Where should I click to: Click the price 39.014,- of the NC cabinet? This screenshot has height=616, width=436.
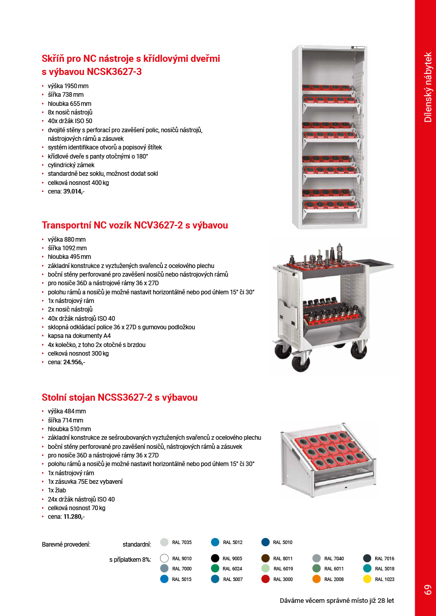[74, 191]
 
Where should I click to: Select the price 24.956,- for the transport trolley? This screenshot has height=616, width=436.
[74, 362]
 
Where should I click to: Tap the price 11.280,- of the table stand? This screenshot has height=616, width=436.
[74, 517]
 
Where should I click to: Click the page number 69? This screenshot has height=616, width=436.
[427, 590]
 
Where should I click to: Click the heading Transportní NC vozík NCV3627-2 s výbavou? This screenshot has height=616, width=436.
[135, 225]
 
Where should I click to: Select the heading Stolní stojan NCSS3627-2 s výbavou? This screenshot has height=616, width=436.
[120, 397]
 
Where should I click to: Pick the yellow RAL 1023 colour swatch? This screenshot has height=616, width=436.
[368, 579]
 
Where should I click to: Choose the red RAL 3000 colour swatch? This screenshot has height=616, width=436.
[265, 579]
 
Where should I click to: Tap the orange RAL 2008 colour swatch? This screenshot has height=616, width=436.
[316, 579]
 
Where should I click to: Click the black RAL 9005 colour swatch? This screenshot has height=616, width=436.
[215, 558]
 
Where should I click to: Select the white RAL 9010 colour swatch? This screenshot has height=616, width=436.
[164, 558]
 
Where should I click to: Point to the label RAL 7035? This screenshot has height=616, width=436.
[181, 543]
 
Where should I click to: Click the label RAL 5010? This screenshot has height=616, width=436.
[282, 543]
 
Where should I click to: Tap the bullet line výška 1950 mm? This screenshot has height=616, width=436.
[68, 86]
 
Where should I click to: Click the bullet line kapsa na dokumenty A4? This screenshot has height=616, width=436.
[79, 336]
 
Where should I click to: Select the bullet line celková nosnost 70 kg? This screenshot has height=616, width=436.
[77, 508]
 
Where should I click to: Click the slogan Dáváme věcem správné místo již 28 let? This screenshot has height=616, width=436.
[337, 601]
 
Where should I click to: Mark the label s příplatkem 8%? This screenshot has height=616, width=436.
[130, 560]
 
